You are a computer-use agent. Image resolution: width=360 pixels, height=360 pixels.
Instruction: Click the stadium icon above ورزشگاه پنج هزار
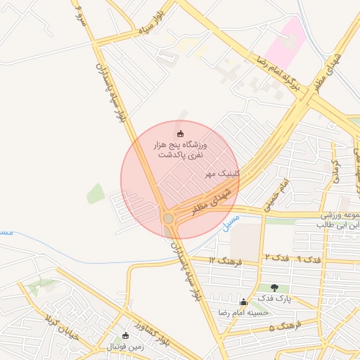click(x=180, y=134)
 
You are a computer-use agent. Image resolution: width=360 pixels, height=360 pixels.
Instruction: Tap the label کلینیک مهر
click(x=222, y=172)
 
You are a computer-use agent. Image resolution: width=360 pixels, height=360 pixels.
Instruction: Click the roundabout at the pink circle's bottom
click(x=169, y=219)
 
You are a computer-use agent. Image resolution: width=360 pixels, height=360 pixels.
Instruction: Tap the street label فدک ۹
click(x=310, y=259)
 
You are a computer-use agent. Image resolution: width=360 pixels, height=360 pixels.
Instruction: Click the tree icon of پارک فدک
click(x=274, y=288)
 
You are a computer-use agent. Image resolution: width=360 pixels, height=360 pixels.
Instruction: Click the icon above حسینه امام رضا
click(x=244, y=301)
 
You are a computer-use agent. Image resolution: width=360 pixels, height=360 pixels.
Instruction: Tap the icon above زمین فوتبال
click(x=125, y=335)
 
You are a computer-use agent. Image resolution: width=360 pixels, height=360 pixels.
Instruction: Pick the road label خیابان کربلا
click(x=59, y=325)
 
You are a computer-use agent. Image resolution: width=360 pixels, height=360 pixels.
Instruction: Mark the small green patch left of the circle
click(x=96, y=193)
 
